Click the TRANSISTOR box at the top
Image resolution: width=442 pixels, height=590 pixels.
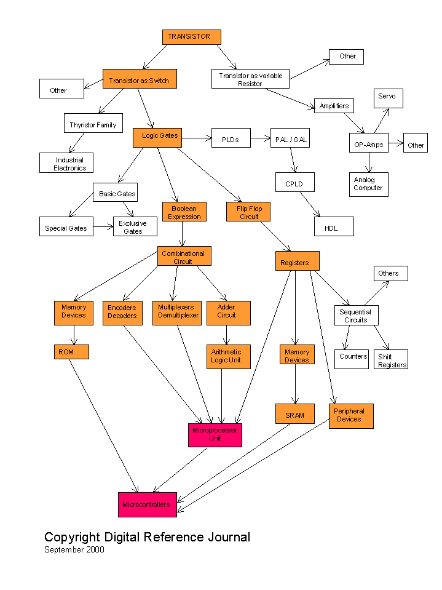(191, 37)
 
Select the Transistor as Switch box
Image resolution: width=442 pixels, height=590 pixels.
(140, 80)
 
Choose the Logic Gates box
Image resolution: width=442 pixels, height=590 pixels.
(157, 138)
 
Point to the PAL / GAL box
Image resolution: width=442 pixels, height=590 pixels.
(290, 140)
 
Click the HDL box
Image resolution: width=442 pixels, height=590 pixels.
(334, 226)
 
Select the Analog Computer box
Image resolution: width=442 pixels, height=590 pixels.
(368, 184)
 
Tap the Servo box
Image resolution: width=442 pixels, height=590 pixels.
(388, 98)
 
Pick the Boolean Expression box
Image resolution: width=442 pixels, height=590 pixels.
(184, 212)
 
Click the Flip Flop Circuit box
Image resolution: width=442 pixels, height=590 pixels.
(248, 212)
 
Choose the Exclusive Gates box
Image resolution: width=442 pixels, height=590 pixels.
(135, 227)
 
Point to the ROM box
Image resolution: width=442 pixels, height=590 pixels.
(71, 352)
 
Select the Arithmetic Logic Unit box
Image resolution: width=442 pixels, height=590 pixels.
(228, 356)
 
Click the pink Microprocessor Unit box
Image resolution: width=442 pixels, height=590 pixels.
(215, 434)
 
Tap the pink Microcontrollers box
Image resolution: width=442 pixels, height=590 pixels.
(148, 504)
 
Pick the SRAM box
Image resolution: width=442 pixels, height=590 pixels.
(294, 415)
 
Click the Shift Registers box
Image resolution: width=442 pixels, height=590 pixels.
(390, 360)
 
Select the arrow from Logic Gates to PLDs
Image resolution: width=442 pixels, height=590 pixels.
(196, 138)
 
